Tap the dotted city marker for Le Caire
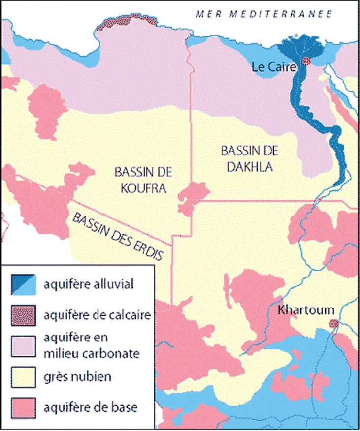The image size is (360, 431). pos(306,62)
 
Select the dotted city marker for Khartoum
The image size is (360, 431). pos(334,324)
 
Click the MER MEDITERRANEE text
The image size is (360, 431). pos(263,13)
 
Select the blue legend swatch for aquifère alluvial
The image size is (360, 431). pos(24,285)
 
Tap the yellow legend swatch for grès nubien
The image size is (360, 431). pos(24,377)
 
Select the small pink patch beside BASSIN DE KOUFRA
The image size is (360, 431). pos(193,197)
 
